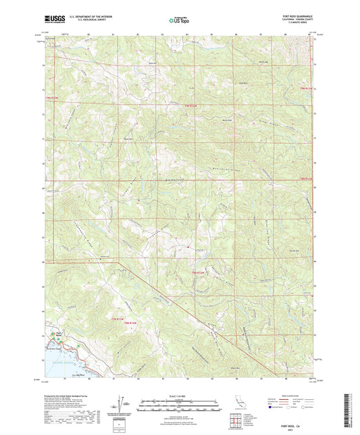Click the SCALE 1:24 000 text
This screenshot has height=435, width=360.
coord(179,396)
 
